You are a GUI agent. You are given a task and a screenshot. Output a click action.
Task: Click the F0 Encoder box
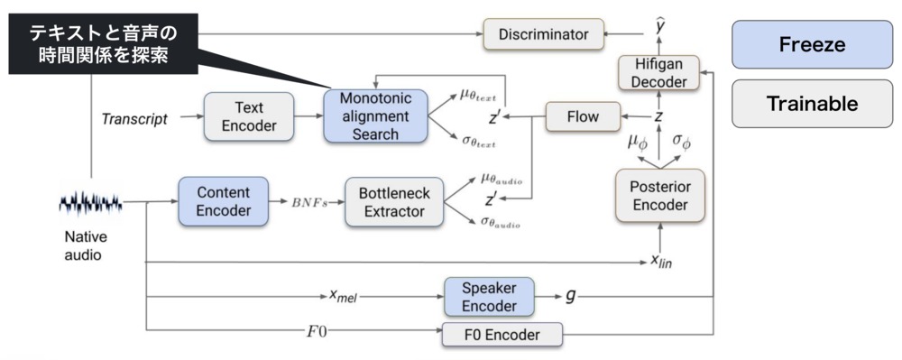[x=502, y=336]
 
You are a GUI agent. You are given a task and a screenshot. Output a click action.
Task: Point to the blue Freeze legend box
[x=812, y=44]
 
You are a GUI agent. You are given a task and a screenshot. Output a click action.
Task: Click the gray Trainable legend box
[x=812, y=103]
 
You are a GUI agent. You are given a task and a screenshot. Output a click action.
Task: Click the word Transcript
[x=133, y=118]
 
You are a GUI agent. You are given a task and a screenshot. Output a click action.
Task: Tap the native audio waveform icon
[x=90, y=203]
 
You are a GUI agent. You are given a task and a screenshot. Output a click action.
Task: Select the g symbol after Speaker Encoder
[x=569, y=296]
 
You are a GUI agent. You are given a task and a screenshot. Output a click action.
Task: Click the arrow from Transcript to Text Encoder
[x=187, y=117]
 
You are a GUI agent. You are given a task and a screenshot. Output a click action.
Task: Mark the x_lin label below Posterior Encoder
[x=665, y=263]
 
